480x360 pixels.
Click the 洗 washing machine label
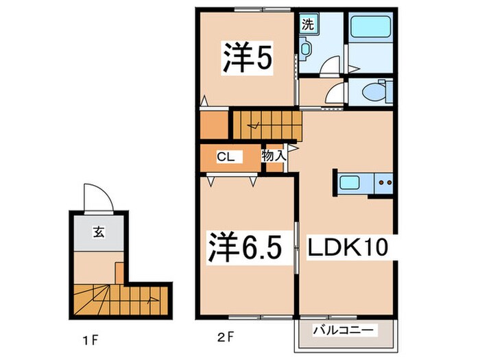(x=308, y=25)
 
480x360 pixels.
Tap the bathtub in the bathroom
(x=370, y=32)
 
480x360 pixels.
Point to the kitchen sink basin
(x=352, y=183)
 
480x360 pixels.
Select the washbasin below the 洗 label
(x=306, y=50)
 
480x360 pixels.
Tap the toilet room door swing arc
(x=335, y=94)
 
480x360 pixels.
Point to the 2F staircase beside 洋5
(x=267, y=125)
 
